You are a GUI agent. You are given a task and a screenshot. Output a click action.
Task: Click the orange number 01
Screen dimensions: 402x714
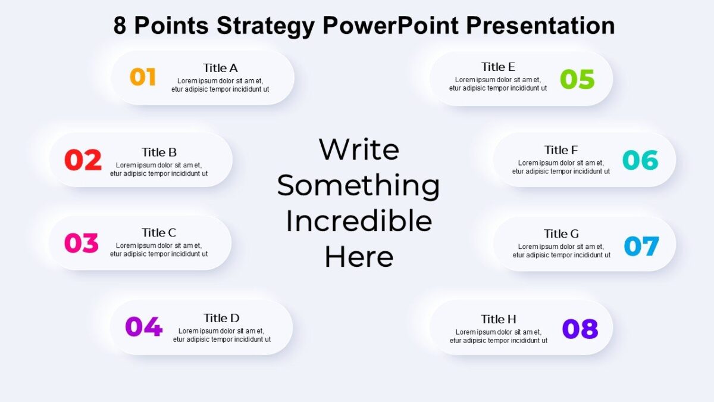coord(143,77)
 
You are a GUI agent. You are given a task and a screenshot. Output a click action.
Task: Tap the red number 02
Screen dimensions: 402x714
coord(83,160)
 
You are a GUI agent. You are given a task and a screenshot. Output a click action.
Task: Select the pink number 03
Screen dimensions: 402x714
coord(82,243)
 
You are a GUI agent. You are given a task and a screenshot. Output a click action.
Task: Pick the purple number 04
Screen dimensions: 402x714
coord(143,326)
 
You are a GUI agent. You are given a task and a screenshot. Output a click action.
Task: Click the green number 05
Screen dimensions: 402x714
coord(577,79)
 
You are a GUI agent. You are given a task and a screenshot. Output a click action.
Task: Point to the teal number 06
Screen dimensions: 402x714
coord(640,160)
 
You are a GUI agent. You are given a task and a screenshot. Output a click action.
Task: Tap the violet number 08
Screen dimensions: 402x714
coord(580,329)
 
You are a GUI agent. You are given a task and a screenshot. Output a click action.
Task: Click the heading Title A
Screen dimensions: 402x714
coord(220,68)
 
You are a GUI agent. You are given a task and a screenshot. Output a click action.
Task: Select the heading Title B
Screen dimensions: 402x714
coord(159,152)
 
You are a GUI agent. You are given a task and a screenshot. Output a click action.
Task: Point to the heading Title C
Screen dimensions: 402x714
coord(159,233)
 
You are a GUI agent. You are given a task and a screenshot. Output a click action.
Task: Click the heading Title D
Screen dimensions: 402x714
coord(221,318)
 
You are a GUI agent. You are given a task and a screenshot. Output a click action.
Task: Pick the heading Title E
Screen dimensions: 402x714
coord(498,67)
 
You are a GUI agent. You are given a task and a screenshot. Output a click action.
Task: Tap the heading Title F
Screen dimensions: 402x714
coord(561,150)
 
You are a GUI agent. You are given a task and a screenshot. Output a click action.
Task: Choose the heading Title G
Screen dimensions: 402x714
coord(561,234)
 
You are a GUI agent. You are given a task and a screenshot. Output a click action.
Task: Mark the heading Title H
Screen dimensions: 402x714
coord(499,319)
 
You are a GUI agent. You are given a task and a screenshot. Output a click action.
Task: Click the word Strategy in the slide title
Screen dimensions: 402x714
coord(266,26)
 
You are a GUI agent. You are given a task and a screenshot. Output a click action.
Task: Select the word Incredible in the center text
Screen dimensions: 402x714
coord(359,222)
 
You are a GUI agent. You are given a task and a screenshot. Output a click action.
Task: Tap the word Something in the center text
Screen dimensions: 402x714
coord(358,185)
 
